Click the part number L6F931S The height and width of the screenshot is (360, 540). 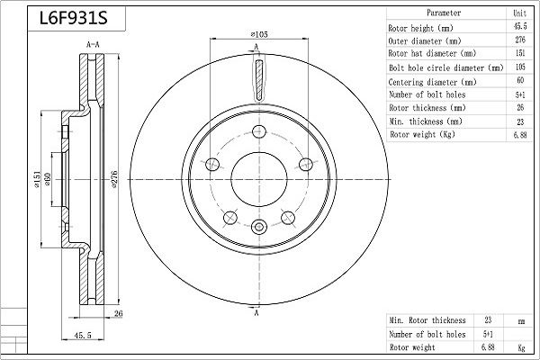pos(74,18)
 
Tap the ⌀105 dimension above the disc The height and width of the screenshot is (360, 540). pos(259,34)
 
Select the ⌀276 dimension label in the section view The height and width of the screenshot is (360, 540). pos(114,179)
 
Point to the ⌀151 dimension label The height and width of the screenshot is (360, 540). pos(37,179)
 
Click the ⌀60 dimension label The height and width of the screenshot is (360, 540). pos(48,179)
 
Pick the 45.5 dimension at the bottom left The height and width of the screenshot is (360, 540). pos(83,335)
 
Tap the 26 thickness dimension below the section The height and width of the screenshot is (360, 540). pos(118,313)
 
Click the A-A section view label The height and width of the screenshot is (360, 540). pos(93,44)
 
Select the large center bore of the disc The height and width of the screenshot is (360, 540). pos(259,179)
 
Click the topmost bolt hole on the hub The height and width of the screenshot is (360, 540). pos(259,131)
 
